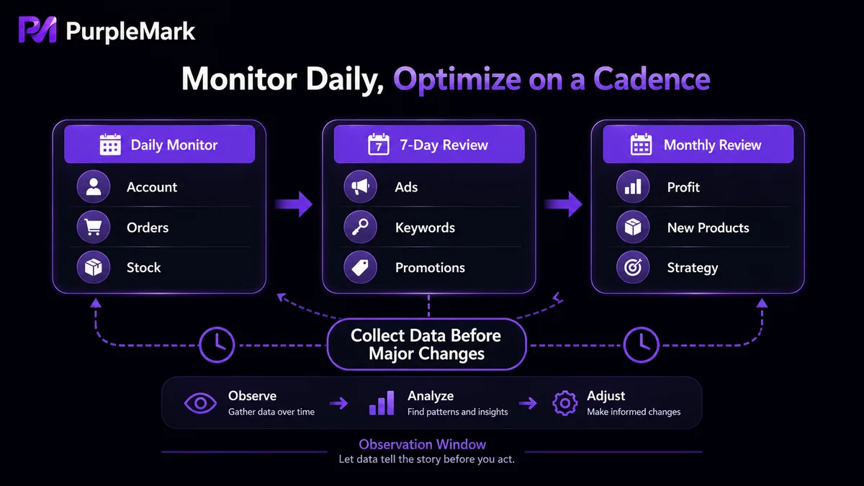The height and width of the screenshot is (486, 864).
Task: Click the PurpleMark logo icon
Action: click(x=37, y=30)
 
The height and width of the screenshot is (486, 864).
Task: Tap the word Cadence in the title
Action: click(x=652, y=79)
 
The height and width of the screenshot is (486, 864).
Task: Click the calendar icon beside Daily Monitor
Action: click(x=110, y=145)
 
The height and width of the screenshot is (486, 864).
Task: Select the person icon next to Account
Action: click(x=94, y=187)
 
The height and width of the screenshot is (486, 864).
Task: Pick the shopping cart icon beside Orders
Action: click(x=94, y=228)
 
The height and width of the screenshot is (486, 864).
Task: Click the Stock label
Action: click(x=143, y=267)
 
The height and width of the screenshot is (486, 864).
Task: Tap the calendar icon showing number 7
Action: click(x=379, y=145)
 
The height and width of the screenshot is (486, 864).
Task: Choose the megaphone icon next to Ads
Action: click(x=360, y=187)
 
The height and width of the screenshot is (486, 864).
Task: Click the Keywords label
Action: click(x=425, y=228)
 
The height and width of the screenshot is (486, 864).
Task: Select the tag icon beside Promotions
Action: click(x=360, y=267)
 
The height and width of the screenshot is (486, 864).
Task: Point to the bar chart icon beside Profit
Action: click(x=633, y=187)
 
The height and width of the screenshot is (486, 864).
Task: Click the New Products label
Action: click(x=708, y=228)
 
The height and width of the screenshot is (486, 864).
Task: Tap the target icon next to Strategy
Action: click(x=633, y=267)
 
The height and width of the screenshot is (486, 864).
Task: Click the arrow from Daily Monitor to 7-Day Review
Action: click(x=294, y=204)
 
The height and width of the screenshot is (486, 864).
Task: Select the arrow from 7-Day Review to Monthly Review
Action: click(x=563, y=204)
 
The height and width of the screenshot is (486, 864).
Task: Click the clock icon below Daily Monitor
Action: click(x=217, y=345)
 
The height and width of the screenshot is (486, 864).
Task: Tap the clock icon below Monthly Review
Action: click(x=641, y=345)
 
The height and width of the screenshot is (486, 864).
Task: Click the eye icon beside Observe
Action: click(x=200, y=403)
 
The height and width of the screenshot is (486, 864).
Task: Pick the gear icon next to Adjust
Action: click(x=564, y=403)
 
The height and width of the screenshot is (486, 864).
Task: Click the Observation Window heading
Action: click(x=423, y=444)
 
